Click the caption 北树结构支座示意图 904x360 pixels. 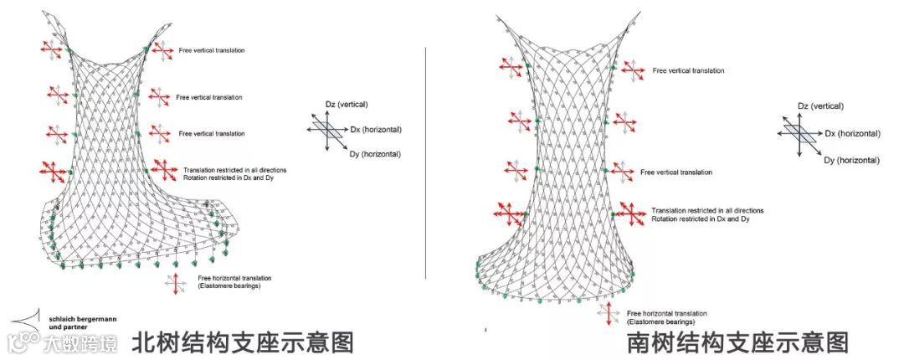tap(243, 342)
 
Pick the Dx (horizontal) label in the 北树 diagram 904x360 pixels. tap(376, 130)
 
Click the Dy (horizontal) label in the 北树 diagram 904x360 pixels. tap(375, 153)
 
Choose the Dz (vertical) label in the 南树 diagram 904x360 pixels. tap(820, 106)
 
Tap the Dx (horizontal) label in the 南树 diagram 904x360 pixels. tap(851, 134)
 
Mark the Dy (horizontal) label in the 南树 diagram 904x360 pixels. tap(851, 159)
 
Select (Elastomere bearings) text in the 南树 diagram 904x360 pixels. tap(660, 321)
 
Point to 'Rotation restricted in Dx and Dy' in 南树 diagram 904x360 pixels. tap(699, 219)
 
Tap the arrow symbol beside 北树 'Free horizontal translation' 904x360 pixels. tap(176, 282)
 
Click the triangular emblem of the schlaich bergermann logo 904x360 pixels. tap(26, 321)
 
